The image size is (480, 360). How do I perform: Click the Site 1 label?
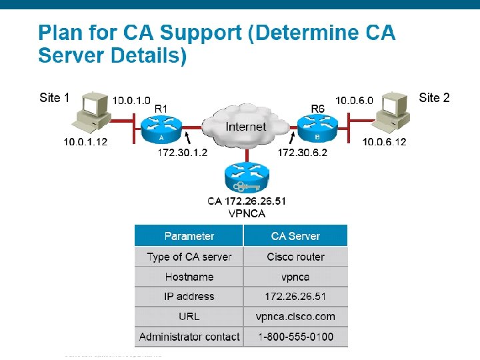coord(55,98)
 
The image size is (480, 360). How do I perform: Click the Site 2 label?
coord(434,98)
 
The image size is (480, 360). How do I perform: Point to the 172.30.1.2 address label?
coord(182,153)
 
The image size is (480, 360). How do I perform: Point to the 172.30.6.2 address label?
coord(302,153)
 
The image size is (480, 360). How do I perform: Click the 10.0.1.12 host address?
coord(85,142)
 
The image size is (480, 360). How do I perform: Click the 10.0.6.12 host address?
coord(384,142)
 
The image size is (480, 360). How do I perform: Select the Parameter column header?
coord(189,236)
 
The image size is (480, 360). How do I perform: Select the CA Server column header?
coord(295,236)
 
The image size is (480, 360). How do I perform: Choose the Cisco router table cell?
coord(295,257)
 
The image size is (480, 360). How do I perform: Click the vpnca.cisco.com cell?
coord(295,317)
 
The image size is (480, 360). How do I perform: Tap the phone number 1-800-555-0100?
coord(295,337)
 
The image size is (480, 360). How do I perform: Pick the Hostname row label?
coord(189,277)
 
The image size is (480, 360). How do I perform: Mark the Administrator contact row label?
coord(189,337)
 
